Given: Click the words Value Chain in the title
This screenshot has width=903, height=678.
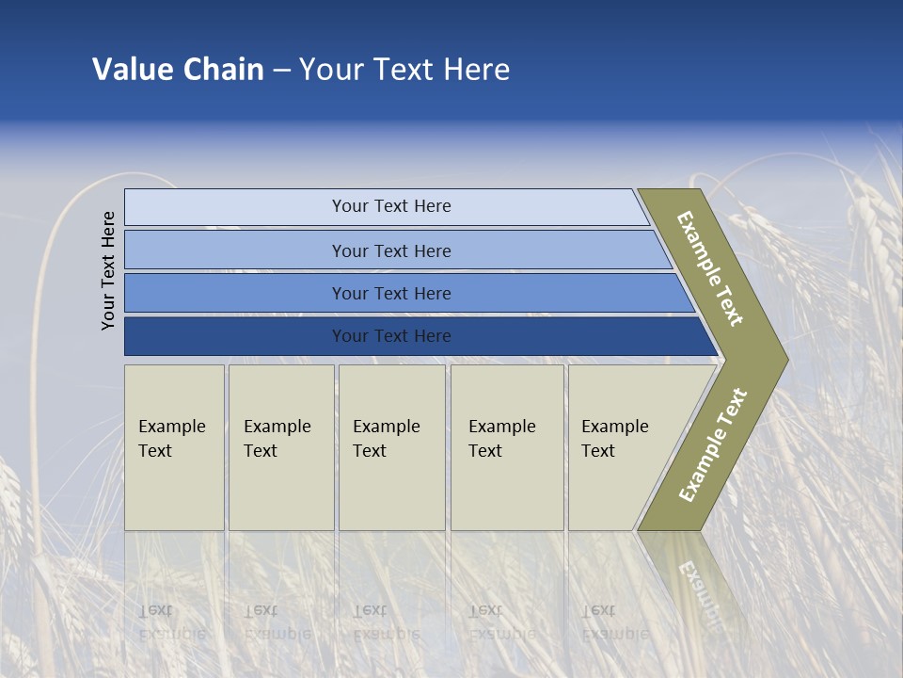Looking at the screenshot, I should click(178, 70).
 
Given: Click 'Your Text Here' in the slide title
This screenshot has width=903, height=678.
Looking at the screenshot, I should click(404, 70).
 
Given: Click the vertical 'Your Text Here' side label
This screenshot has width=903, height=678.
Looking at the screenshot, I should click(108, 270).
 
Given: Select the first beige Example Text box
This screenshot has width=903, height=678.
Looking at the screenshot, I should click(174, 447).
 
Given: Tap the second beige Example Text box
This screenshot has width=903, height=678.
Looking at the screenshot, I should click(280, 447).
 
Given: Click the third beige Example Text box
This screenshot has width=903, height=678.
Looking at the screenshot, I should click(390, 447).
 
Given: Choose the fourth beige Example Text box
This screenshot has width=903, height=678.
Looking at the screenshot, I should click(506, 447).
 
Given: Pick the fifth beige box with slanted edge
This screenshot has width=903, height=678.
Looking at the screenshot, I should click(616, 447).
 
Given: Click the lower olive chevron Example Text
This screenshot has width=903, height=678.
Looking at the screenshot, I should click(713, 444).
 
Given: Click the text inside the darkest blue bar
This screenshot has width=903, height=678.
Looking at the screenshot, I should click(391, 336).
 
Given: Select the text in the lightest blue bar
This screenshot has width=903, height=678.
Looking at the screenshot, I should click(391, 206).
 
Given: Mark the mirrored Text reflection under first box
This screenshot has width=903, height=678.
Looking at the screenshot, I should click(156, 610).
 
